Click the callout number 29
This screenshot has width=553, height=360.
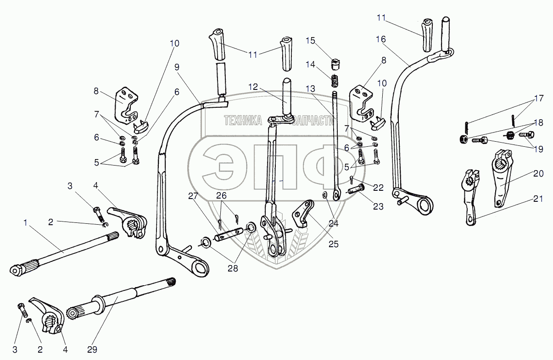click(92, 349)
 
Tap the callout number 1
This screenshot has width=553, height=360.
click(25, 222)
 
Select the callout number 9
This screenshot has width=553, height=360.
click(177, 67)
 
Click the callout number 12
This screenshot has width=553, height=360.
click(253, 87)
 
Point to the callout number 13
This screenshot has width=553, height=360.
click(310, 89)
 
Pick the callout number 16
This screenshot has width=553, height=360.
click(381, 39)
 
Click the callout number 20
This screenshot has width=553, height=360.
click(538, 173)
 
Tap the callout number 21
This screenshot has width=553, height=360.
click(538, 199)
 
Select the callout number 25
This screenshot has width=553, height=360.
click(333, 244)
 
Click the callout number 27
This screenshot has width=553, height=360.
click(193, 196)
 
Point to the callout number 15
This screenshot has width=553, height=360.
click(310, 41)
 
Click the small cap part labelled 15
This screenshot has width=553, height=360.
click(335, 64)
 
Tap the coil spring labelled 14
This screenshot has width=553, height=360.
click(334, 81)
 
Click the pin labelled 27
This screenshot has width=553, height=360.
click(229, 234)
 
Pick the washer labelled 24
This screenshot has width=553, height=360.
click(324, 196)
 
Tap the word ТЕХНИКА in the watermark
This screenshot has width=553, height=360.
click(243, 121)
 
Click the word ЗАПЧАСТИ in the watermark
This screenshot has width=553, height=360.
click(313, 121)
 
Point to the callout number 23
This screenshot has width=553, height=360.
click(378, 206)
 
